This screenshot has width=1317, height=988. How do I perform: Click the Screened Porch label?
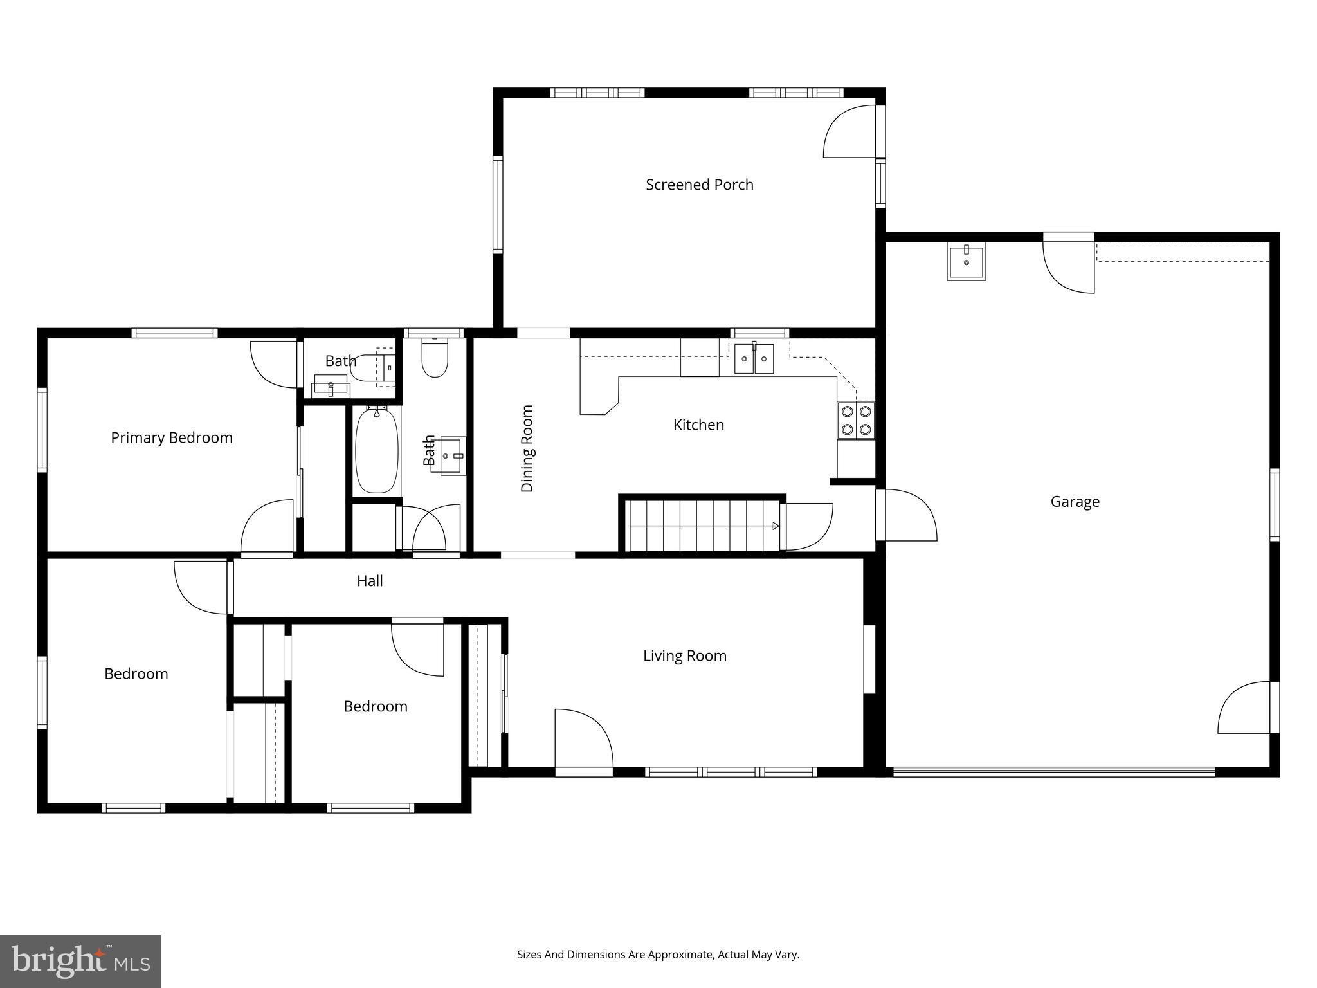click(699, 185)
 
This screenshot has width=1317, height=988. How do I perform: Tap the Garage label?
click(1075, 501)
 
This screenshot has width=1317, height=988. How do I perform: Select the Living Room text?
click(684, 655)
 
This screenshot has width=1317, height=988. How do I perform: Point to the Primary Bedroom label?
click(171, 437)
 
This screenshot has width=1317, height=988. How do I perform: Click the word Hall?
click(370, 581)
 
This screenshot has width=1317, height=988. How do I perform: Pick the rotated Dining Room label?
click(527, 448)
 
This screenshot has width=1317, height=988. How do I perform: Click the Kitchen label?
click(698, 425)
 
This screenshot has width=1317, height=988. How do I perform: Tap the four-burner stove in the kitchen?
click(856, 420)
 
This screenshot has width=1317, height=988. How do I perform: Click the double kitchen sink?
click(754, 359)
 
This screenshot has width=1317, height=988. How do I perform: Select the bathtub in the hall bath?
click(377, 450)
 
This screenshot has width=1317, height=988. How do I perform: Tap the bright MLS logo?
click(80, 961)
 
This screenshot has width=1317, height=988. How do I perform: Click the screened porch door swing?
click(850, 133)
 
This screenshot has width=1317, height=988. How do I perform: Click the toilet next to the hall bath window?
click(435, 358)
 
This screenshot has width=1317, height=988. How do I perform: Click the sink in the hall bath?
click(453, 455)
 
